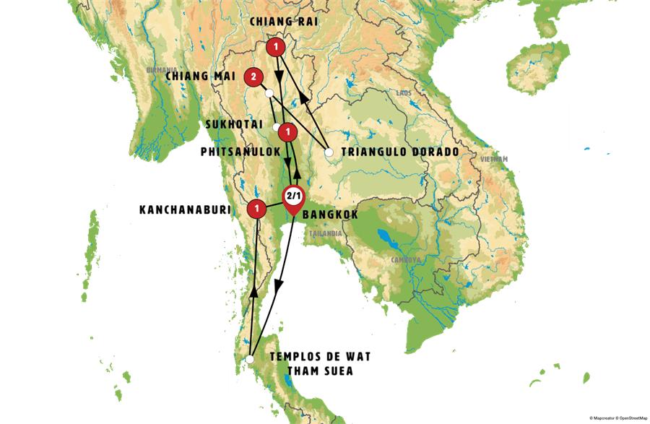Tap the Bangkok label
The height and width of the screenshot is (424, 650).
click(x=330, y=215)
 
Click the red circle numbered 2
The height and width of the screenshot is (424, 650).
click(x=253, y=76)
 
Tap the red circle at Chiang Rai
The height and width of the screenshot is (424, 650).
click(x=275, y=48)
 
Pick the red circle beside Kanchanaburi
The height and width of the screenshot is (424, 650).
click(x=256, y=209)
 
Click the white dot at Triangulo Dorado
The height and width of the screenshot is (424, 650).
click(x=329, y=152)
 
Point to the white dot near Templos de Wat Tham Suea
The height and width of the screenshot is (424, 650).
click(x=248, y=359)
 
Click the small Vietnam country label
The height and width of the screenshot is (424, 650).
click(x=495, y=159)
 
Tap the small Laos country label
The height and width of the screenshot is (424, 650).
click(x=403, y=94)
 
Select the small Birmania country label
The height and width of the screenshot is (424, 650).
click(x=161, y=70)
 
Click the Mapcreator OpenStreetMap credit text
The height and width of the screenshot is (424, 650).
click(x=617, y=418)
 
